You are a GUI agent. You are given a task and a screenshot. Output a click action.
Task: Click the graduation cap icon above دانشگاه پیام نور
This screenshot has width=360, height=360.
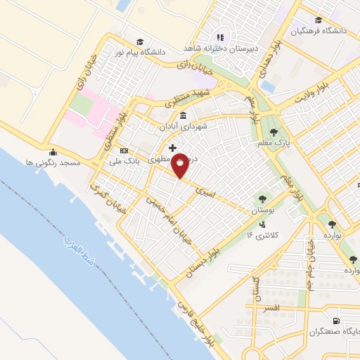coord(140,41)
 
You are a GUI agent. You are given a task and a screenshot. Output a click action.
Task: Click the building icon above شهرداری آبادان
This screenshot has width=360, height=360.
coord(184,115)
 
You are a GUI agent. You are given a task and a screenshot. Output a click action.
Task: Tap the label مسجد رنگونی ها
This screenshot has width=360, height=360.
coord(53,162)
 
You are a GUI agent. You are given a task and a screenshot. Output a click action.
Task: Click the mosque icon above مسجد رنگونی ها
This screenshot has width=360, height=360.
coord(53,152)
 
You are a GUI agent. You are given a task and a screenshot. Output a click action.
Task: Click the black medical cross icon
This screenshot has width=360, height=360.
coord(172,147)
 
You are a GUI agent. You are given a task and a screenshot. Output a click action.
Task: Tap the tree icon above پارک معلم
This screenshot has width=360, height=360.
coord(274,131)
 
